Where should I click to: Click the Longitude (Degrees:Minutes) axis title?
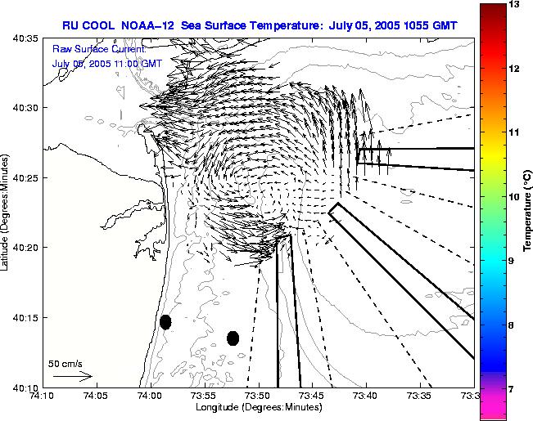click(258, 407)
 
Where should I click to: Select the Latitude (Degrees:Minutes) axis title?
click(7, 213)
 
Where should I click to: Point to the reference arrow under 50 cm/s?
click(72, 377)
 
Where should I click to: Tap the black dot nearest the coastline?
click(165, 322)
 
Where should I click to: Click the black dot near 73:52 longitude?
click(233, 338)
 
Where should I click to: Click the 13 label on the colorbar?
click(515, 5)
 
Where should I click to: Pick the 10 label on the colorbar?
click(515, 197)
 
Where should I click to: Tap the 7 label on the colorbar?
click(515, 389)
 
